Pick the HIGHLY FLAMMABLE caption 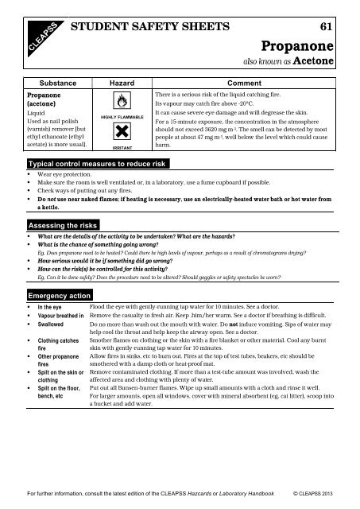[122, 117]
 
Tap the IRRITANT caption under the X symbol [122, 147]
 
